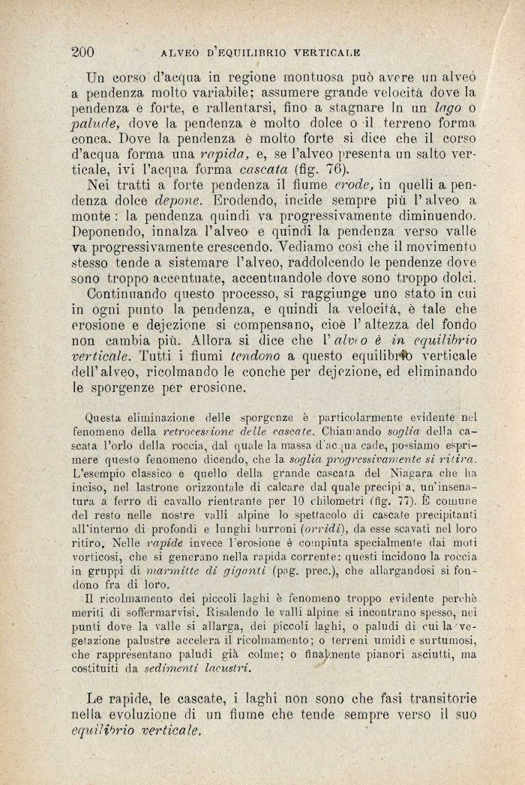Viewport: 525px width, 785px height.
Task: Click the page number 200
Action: (x=82, y=52)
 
